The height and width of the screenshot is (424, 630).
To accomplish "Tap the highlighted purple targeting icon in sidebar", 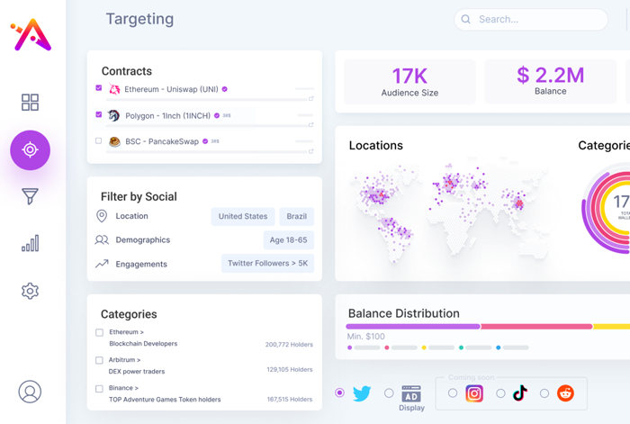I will click(x=30, y=150).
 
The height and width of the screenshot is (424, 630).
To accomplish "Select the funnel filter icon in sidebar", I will click(x=30, y=196).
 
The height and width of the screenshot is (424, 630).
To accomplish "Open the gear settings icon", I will click(x=30, y=291).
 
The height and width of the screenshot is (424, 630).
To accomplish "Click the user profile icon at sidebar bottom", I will click(x=30, y=392).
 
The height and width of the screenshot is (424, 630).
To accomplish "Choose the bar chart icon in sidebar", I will click(x=30, y=243).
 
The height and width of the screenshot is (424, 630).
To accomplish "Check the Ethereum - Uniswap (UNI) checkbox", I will click(x=99, y=88).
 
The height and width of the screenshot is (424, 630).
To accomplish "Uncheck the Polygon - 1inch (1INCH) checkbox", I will click(x=99, y=114).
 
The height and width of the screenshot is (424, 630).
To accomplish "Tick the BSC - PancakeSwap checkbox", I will click(x=99, y=140).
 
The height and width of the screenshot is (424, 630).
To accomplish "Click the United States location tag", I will click(x=243, y=217).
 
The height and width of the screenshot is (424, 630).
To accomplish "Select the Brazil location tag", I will click(x=296, y=217).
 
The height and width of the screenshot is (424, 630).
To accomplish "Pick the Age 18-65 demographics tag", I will click(x=288, y=240).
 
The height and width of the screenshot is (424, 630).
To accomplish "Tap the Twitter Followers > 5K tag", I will click(x=267, y=264).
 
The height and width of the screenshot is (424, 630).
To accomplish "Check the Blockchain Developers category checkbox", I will click(x=99, y=332).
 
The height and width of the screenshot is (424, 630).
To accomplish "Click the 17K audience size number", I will click(x=409, y=76).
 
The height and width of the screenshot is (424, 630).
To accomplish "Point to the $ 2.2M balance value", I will click(x=550, y=76).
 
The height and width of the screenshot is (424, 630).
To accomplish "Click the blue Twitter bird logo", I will click(x=362, y=393).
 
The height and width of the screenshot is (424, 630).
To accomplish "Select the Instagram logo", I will click(x=474, y=393).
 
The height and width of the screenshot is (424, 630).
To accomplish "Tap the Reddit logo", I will click(x=565, y=393).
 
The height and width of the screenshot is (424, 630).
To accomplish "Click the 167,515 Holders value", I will click(x=289, y=400).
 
